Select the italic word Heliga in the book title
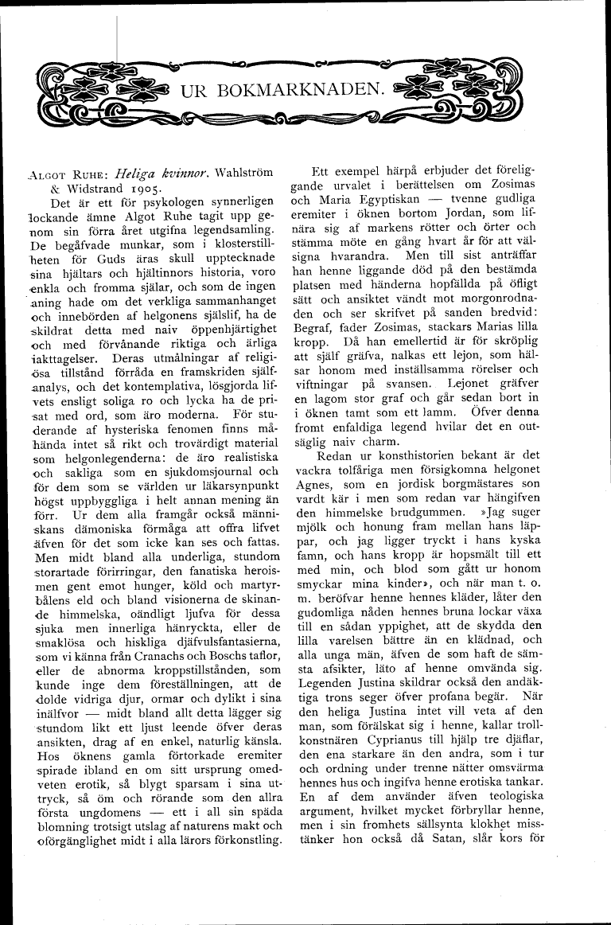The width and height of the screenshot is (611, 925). (x=136, y=172)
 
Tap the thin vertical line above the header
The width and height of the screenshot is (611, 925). (x=118, y=40)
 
